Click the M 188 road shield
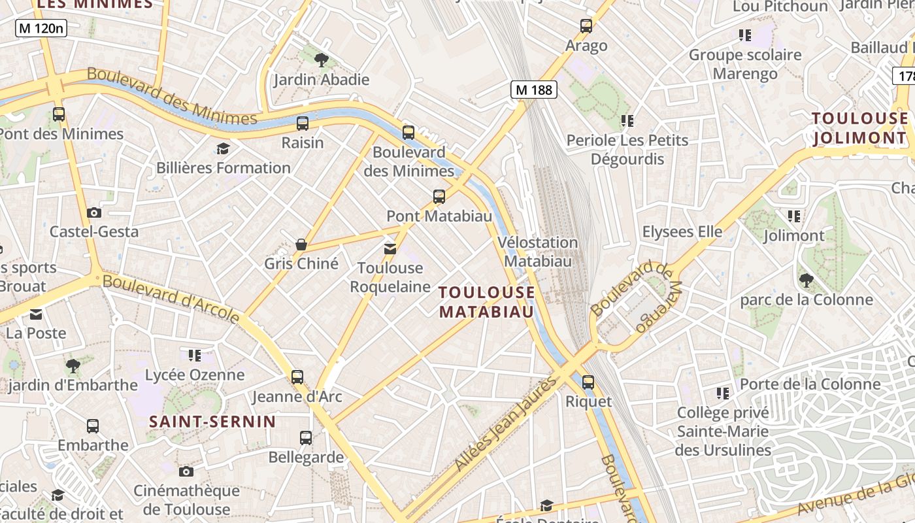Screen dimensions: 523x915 coord(533,90)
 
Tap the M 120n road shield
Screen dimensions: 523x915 coord(41,28)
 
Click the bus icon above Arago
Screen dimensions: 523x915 coord(586,26)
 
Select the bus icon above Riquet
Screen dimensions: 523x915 coord(588,382)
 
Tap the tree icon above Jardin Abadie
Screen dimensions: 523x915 coord(321,60)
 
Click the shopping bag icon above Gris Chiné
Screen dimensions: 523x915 coord(301,245)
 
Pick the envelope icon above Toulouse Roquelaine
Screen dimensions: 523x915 coord(390,248)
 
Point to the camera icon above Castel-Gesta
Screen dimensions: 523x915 coord(94,212)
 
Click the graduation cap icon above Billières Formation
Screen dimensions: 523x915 coord(223,148)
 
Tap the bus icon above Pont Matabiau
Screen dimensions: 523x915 coord(439,196)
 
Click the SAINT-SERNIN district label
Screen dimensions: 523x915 coord(212,422)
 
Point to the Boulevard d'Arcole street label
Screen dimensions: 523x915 coord(171,299)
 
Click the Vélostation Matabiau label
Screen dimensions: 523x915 coord(538,252)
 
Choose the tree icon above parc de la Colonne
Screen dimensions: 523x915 coord(806,280)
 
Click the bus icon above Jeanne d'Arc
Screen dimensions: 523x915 coord(297,377)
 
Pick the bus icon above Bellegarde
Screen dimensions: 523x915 coord(306,437)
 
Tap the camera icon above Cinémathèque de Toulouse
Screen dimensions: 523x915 coord(186,471)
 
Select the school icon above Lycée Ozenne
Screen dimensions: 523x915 coord(195,355)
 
